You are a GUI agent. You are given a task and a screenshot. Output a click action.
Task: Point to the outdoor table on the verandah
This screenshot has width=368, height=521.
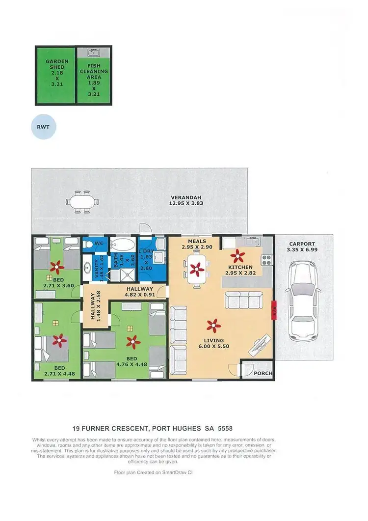pos(82,201)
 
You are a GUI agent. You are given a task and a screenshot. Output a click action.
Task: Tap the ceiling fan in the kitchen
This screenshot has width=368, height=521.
pos(238,255)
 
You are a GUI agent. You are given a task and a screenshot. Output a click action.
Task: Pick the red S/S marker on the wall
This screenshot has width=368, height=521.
pos(273,310)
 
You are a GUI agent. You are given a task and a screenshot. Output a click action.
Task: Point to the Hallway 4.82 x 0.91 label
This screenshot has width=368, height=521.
pos(140,292)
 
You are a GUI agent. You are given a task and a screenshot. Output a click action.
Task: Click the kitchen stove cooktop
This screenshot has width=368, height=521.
pos(267,260)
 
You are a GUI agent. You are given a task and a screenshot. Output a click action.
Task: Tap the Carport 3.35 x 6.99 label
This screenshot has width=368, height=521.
pos(302,247)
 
